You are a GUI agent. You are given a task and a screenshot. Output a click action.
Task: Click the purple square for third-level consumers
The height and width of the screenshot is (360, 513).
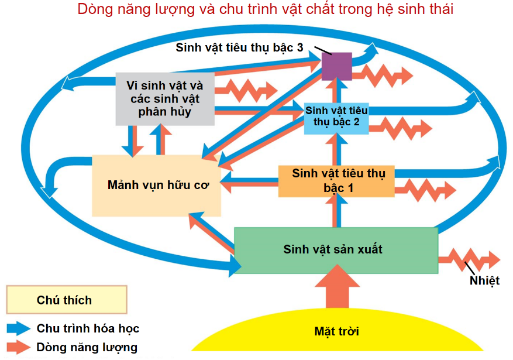point(337,66)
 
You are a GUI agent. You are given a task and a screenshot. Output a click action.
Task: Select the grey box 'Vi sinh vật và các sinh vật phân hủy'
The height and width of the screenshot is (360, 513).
point(164,98)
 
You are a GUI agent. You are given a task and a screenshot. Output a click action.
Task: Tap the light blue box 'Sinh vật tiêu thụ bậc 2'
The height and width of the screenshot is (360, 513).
point(336,117)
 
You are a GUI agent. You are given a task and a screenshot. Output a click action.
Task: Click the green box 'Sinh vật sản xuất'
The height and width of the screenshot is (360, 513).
point(336,250)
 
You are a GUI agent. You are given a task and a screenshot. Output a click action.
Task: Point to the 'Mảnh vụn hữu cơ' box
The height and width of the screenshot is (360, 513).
point(156,186)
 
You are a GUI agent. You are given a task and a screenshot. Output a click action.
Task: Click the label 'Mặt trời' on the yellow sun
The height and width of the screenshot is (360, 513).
point(336,331)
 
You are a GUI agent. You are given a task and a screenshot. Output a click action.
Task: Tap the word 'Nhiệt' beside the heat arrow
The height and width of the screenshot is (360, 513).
point(484,281)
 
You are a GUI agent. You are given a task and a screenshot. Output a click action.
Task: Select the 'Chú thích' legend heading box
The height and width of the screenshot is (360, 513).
point(66,300)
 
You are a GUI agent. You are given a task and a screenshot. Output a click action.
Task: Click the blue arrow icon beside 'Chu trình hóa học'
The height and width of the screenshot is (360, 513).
point(19,328)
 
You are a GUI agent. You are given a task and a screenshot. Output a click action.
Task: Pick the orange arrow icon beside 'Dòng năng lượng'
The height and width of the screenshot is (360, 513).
point(19,347)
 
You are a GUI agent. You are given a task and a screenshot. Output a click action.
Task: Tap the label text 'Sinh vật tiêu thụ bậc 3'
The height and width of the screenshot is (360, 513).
point(239,48)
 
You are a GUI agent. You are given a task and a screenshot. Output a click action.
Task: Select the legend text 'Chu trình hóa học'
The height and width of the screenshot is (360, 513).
point(88,328)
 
